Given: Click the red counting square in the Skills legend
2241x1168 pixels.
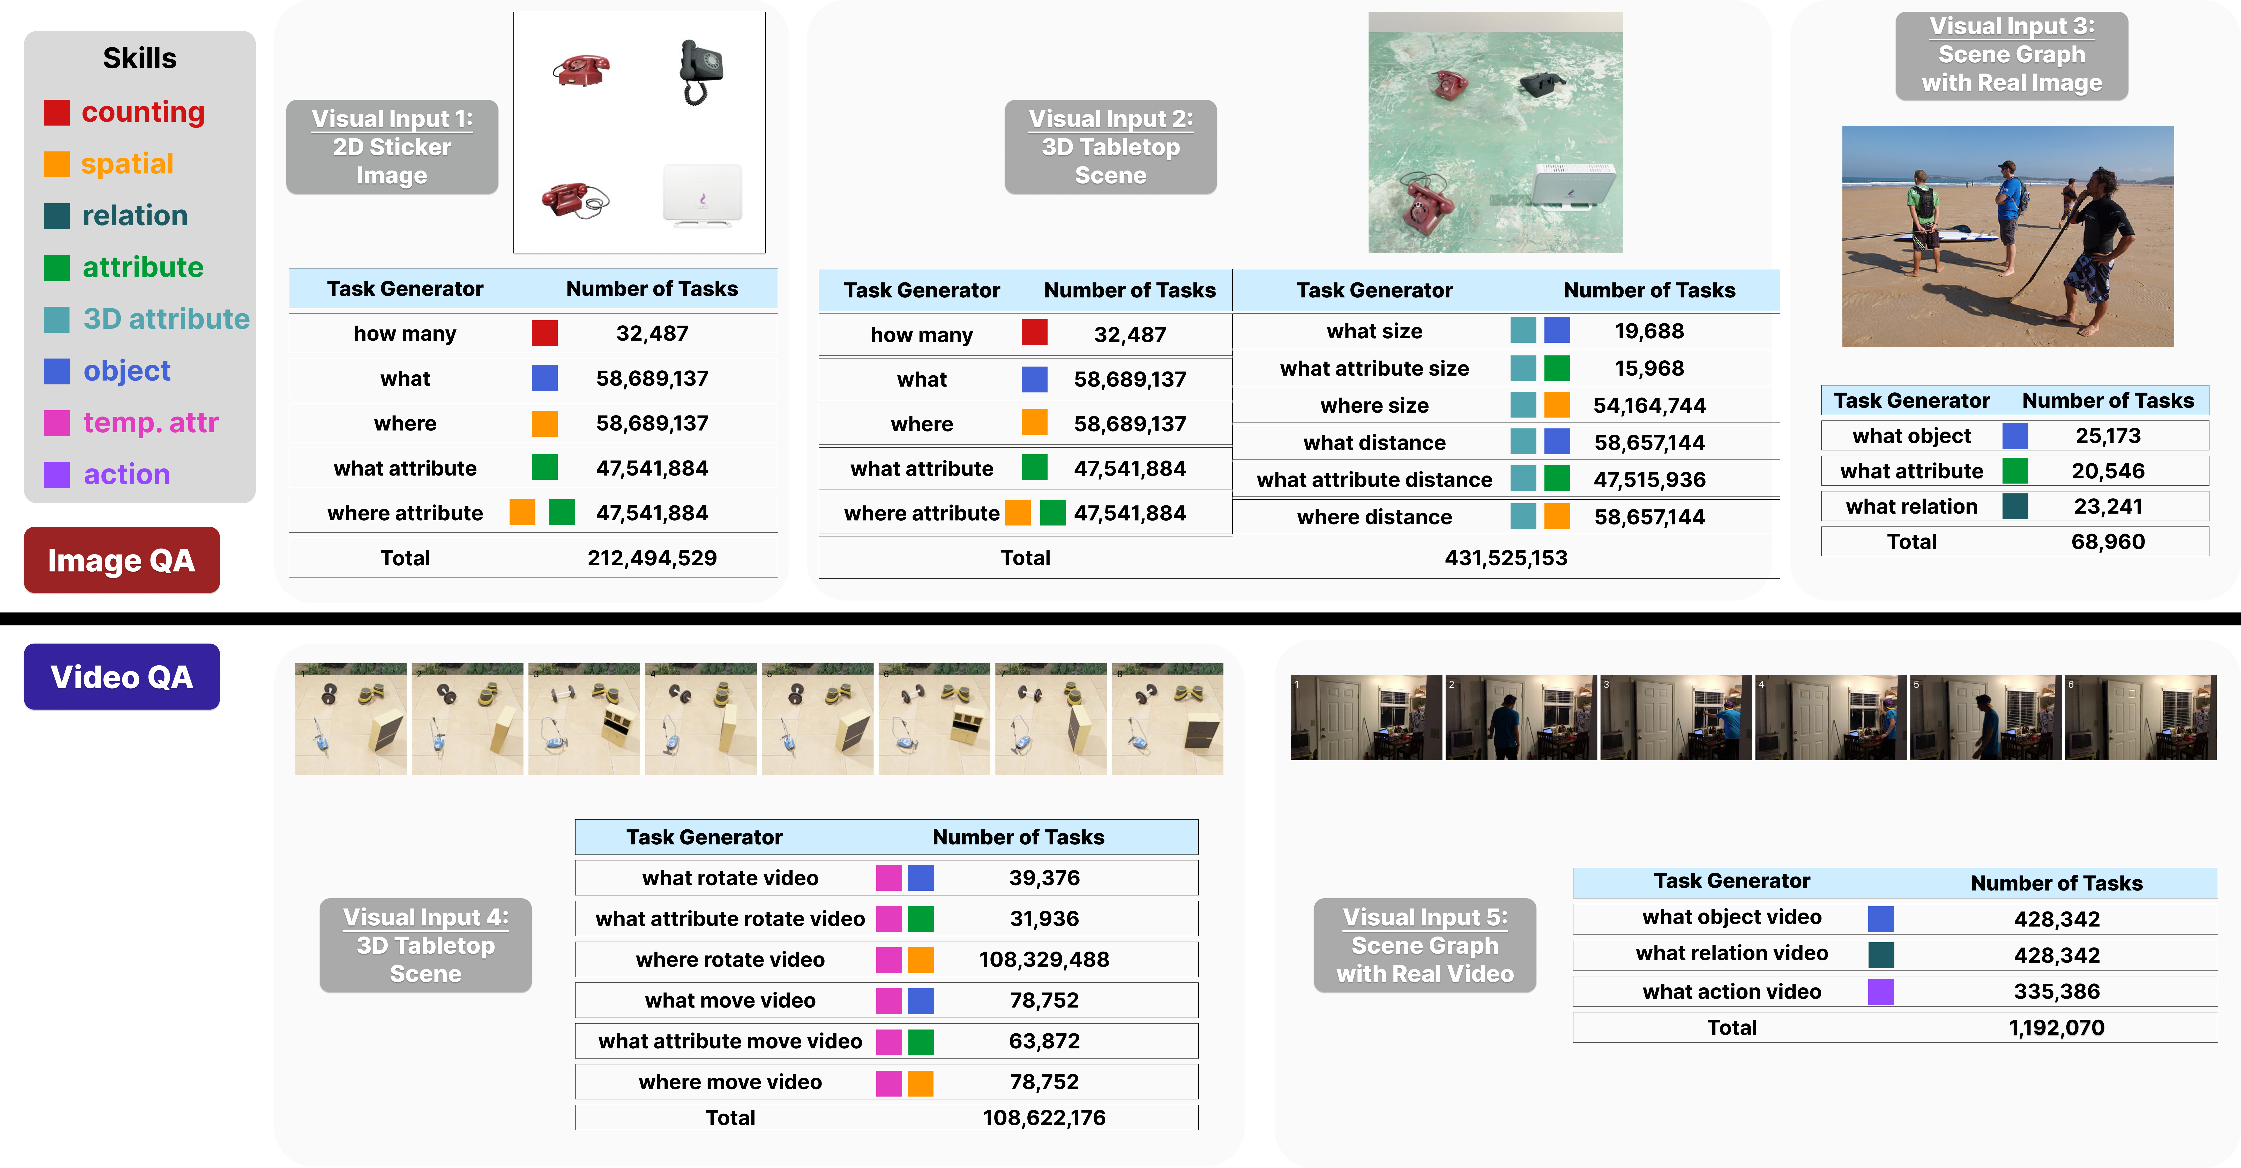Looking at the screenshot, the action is (57, 112).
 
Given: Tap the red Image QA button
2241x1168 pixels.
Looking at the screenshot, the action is (122, 560).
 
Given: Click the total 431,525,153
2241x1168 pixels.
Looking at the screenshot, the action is (1506, 558).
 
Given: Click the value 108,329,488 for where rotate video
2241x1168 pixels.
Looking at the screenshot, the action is (1044, 959).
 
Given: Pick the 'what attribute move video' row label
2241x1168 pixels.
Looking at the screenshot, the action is (730, 1041).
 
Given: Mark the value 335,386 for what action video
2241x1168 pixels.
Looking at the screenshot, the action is (2057, 991).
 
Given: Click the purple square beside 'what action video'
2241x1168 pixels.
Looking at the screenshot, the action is (1881, 991).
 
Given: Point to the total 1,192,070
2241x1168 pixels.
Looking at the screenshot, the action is (2057, 1028).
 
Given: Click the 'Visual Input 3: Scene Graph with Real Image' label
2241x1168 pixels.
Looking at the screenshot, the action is (2011, 55).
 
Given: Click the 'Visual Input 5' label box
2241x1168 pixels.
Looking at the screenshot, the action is (1425, 945).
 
